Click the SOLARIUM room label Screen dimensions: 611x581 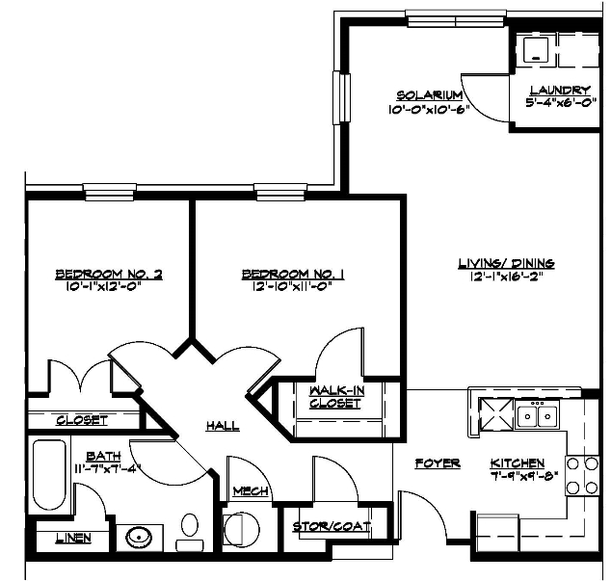(x=430, y=95)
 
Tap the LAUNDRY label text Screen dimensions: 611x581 (x=560, y=91)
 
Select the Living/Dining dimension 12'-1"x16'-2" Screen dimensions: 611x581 (x=507, y=277)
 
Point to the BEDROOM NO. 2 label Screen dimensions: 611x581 (x=109, y=275)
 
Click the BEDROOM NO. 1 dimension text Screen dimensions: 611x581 (x=292, y=287)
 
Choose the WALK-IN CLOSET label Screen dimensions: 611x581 (x=335, y=397)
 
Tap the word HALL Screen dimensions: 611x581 (x=223, y=426)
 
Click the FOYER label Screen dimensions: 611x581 (x=438, y=463)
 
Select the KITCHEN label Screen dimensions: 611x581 (x=518, y=463)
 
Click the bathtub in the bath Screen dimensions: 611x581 (x=49, y=474)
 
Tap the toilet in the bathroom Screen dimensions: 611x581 (x=190, y=532)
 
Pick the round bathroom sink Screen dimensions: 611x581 (x=139, y=538)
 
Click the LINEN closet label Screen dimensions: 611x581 (x=73, y=539)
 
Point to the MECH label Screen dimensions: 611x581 (x=251, y=491)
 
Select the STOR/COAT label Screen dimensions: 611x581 (x=332, y=527)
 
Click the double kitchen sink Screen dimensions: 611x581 (x=537, y=415)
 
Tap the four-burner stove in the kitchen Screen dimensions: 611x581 (x=582, y=476)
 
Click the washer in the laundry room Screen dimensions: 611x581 (x=536, y=51)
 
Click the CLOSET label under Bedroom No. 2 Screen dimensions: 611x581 (x=82, y=420)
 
